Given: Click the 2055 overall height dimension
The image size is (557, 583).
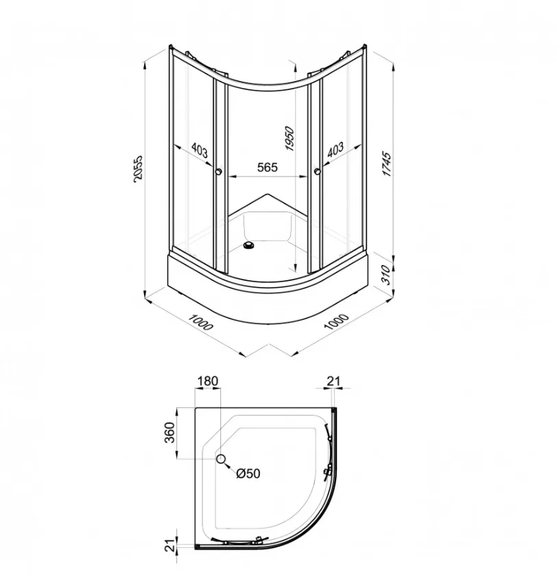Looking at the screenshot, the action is click(x=137, y=168).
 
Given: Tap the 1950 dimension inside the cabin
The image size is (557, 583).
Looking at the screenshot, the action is click(x=289, y=139).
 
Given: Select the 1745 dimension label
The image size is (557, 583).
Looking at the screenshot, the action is click(x=387, y=164).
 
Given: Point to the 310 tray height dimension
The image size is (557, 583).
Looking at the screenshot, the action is click(x=387, y=275).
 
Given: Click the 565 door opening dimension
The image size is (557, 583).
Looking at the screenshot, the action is click(x=268, y=168).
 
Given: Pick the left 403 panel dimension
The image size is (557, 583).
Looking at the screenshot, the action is click(x=200, y=150).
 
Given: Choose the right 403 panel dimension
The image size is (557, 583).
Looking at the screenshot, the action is click(x=335, y=150).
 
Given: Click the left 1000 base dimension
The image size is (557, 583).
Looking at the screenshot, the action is click(x=201, y=322).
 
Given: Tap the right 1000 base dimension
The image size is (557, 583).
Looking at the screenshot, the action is click(x=336, y=321).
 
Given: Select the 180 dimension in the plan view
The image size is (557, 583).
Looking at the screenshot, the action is click(x=208, y=381).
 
